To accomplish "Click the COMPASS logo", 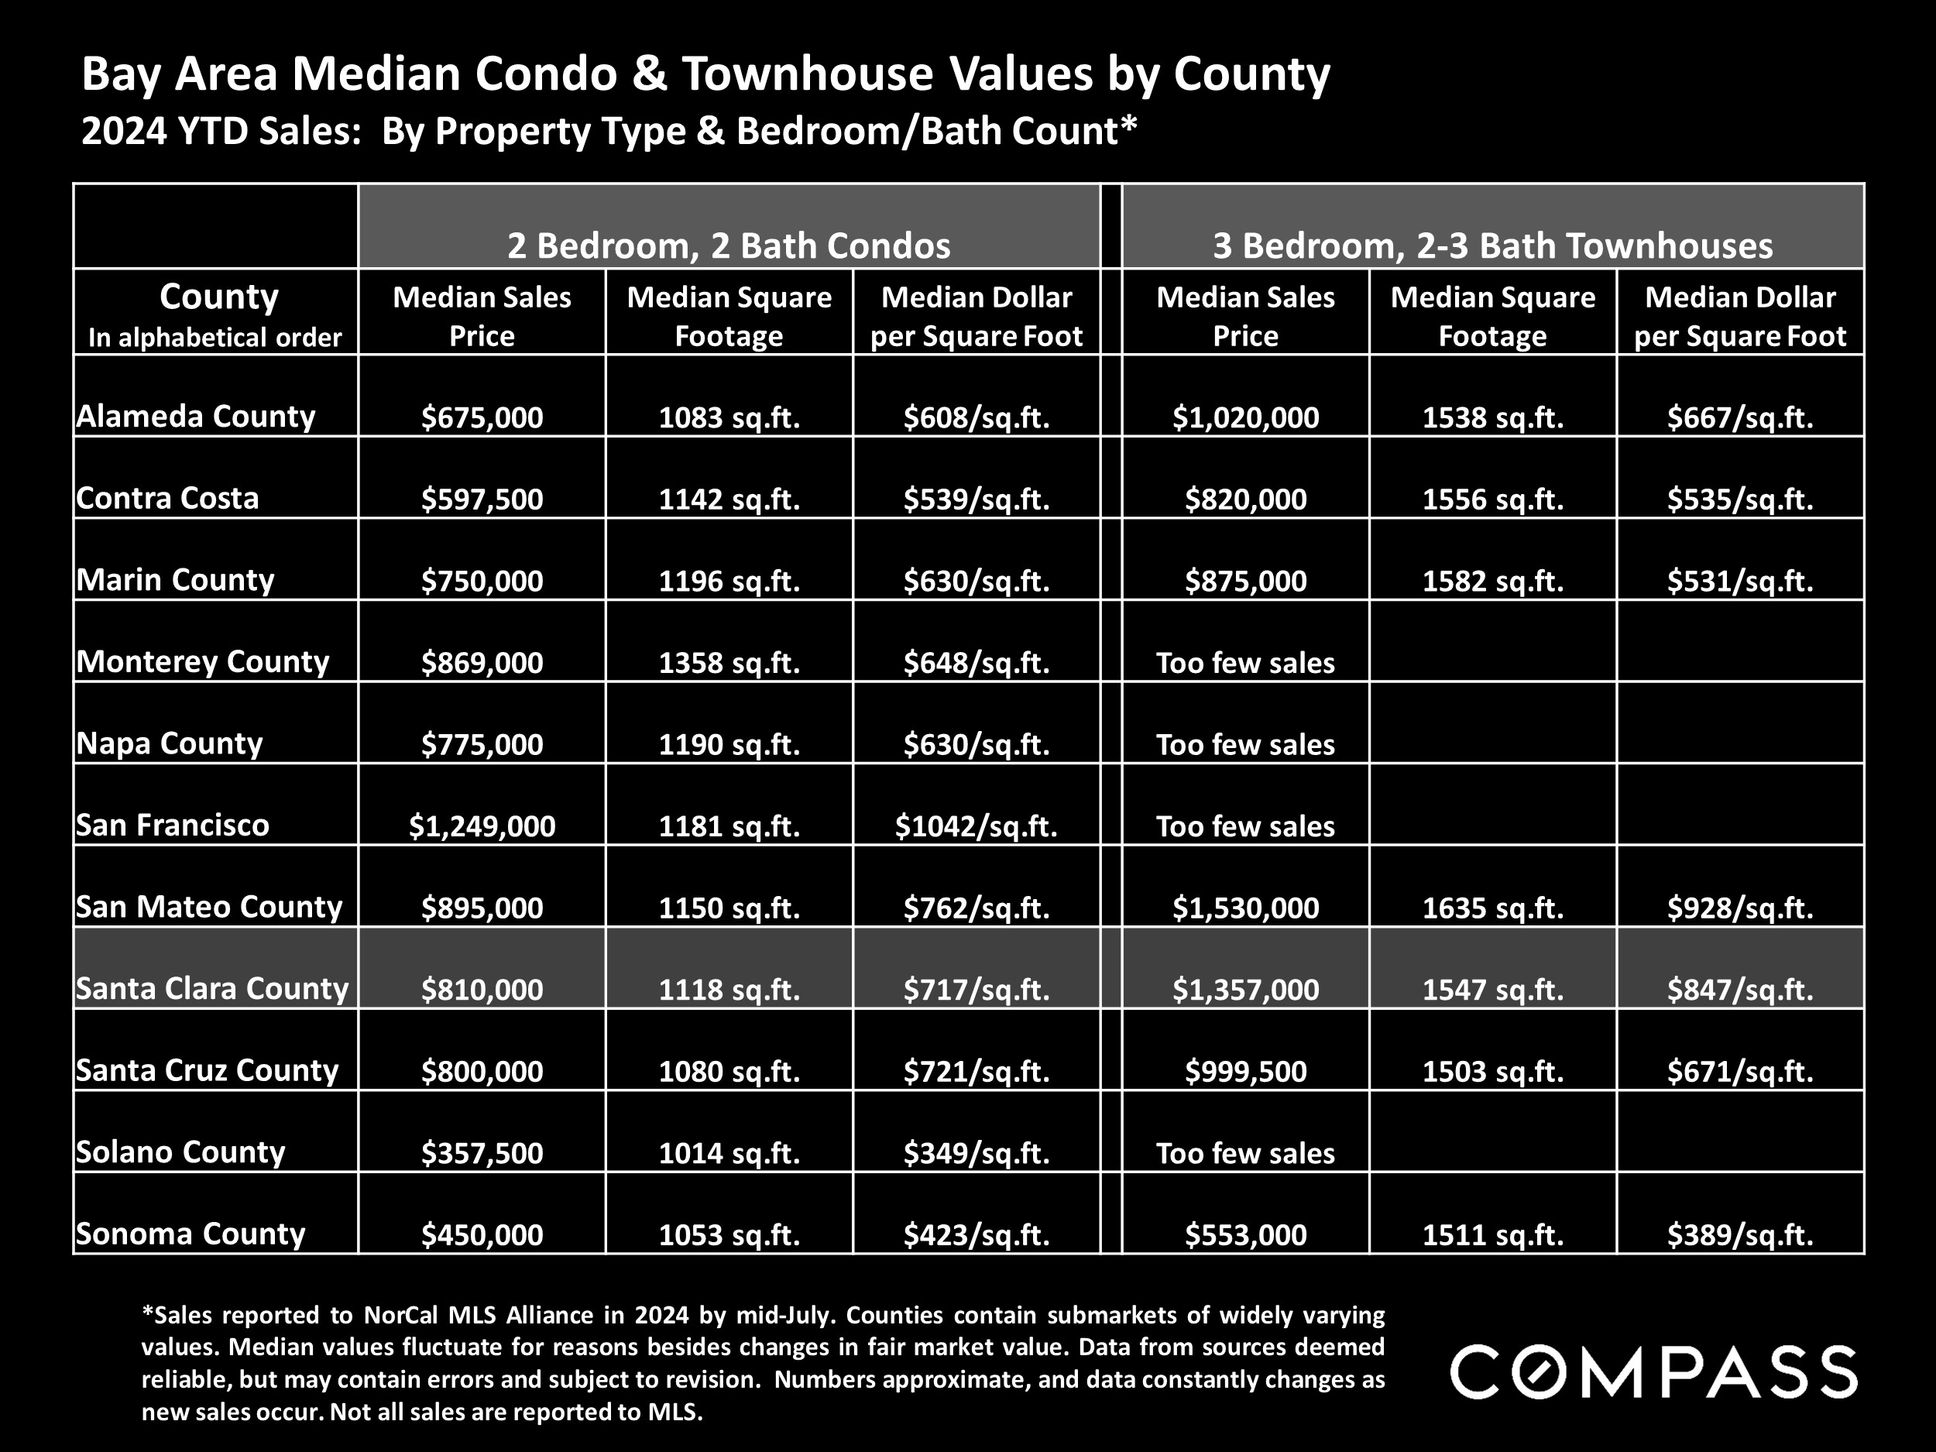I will (1653, 1371).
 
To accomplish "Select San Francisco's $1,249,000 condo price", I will (482, 826).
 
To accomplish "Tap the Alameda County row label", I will (195, 416).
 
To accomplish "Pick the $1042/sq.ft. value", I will (976, 826).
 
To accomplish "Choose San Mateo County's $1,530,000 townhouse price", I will (1245, 908).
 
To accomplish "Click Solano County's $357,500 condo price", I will (482, 1152).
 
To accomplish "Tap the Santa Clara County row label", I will (212, 989).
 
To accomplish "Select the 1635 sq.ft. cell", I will (1492, 908).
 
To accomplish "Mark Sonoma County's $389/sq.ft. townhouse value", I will (1740, 1235).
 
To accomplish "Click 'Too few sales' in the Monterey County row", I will (1245, 663).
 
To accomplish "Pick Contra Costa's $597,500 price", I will (482, 499).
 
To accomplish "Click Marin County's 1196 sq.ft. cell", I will (728, 580).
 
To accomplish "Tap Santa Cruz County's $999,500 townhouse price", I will (1245, 1071).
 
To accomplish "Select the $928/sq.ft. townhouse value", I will (1740, 908).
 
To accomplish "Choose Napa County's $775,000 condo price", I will (482, 744).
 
